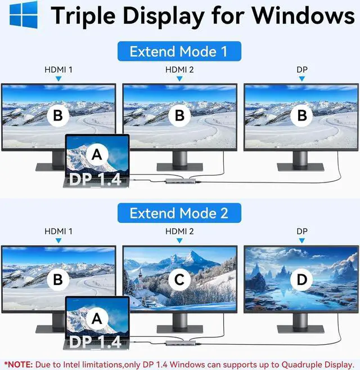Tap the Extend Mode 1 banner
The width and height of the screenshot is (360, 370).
click(178, 52)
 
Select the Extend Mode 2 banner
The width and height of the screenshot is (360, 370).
click(178, 213)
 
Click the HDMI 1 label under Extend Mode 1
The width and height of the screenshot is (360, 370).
click(58, 70)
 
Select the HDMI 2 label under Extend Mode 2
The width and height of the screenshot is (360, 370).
click(179, 231)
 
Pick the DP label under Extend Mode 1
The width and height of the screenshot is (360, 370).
click(302, 70)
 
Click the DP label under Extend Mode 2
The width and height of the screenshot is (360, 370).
click(302, 231)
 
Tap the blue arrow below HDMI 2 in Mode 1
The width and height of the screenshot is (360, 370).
click(179, 79)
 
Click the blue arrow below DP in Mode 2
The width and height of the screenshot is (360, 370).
click(302, 240)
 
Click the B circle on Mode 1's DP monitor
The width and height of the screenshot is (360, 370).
click(301, 116)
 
